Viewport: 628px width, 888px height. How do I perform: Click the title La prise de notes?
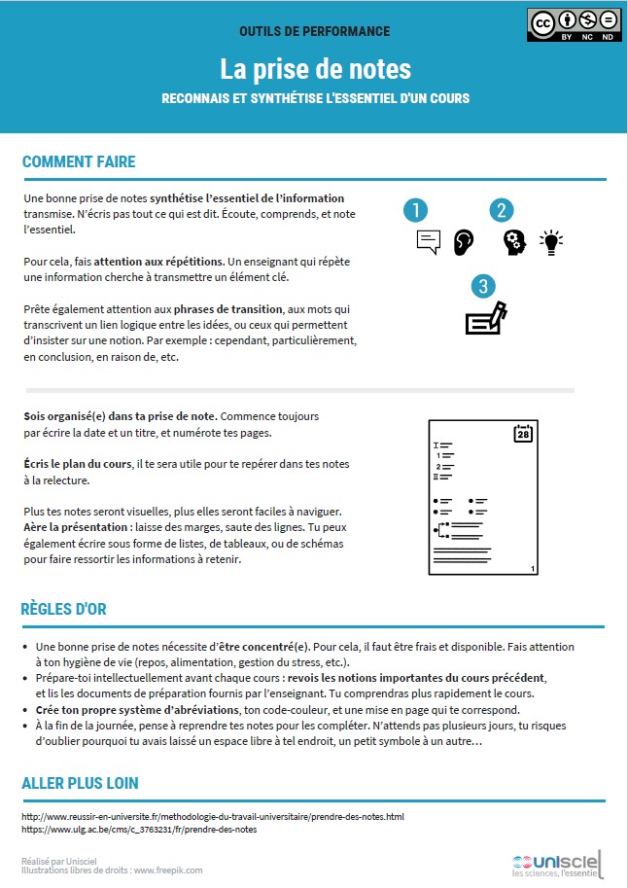coord(314,69)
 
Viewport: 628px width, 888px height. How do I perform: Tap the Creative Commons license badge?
coord(573,26)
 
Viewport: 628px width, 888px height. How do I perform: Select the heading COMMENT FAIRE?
coord(79,161)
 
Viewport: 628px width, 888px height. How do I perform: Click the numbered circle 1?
coord(415,210)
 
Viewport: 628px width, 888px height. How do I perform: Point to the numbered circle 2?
coord(501,210)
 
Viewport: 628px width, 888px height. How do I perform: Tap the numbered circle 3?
coord(483,286)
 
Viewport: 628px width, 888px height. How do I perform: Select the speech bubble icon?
coord(428,241)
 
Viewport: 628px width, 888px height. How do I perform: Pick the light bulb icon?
coord(551,241)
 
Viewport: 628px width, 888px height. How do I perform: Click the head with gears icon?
coord(514,241)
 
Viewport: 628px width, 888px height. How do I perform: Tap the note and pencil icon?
coord(486,319)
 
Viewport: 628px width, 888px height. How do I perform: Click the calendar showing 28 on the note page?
coord(523,433)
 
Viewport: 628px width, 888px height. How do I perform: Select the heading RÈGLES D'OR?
coord(63,610)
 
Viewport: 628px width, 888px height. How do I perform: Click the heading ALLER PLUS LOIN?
coord(80,783)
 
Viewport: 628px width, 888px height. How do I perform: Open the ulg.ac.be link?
coord(139,830)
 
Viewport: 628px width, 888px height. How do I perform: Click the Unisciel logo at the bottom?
coord(557,862)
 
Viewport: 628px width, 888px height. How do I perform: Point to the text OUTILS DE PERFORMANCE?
coord(314,32)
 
